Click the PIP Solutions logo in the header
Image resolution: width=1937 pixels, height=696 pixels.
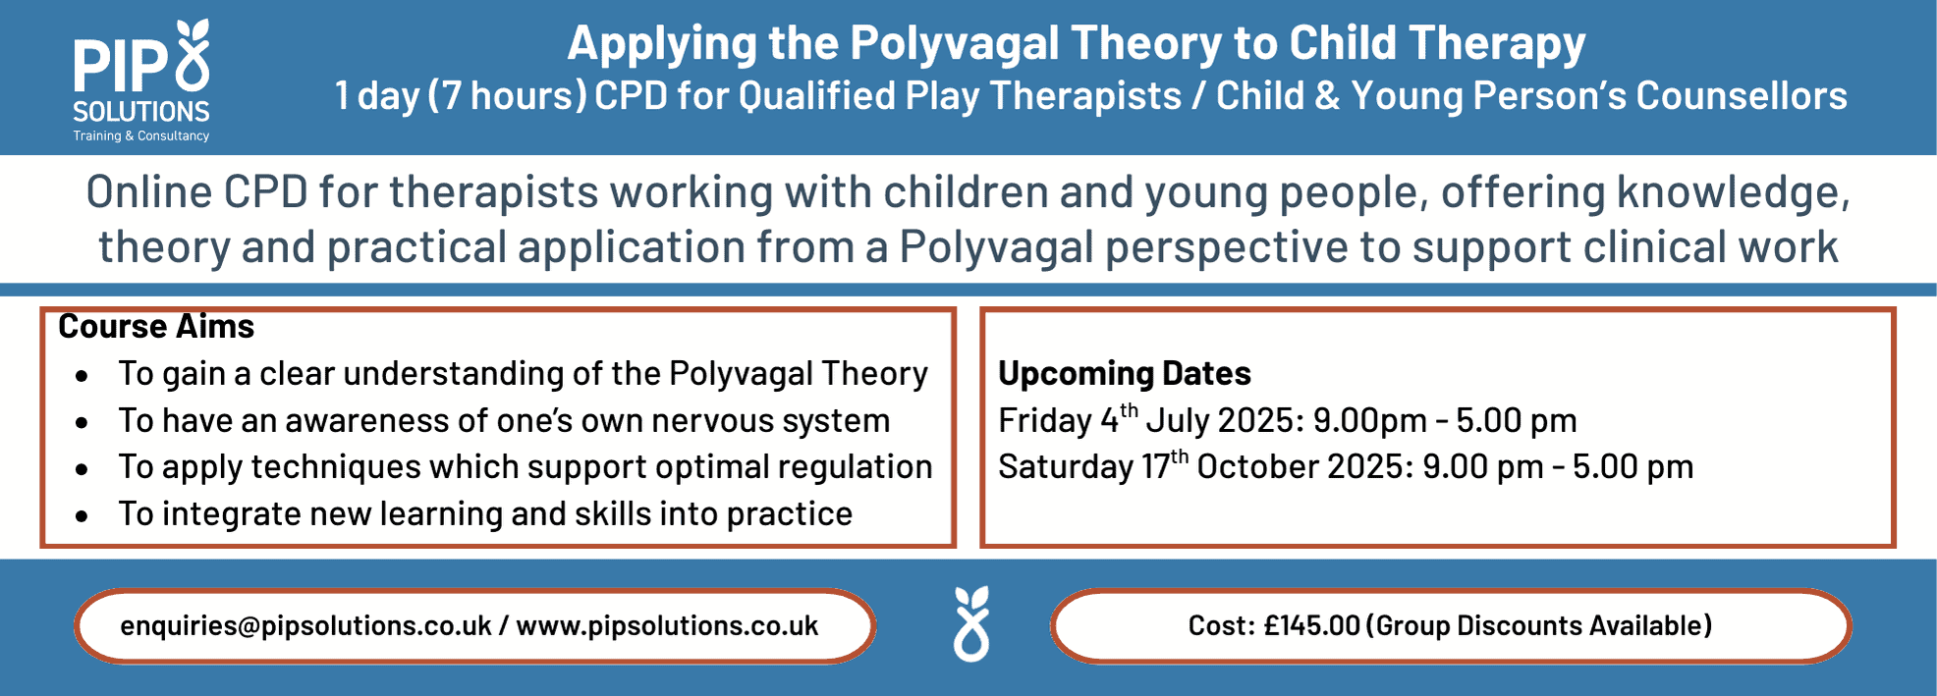pos(141,80)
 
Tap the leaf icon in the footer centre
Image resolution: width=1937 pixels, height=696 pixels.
pos(971,624)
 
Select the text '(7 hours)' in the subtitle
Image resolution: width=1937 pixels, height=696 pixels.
pos(507,96)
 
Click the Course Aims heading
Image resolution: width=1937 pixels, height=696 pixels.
pos(156,326)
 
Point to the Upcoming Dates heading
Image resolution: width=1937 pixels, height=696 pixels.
pos(1125,373)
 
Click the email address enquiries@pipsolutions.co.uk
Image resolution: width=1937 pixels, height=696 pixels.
pos(305,625)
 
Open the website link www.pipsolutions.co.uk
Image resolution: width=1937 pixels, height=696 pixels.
pos(667,625)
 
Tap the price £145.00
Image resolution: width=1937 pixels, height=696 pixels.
pos(1311,625)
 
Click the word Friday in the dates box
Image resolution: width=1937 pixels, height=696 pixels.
pos(1045,420)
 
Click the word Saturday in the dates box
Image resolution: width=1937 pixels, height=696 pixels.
pos(1066,466)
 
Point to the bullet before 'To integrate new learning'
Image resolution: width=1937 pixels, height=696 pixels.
pos(82,515)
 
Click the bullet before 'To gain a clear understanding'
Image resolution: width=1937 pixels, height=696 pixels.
pos(82,375)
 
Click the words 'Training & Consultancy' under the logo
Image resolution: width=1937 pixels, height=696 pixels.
pos(141,135)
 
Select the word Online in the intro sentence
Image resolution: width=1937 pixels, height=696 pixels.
pos(149,191)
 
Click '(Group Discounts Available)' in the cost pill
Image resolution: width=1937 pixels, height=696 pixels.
pos(1539,625)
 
